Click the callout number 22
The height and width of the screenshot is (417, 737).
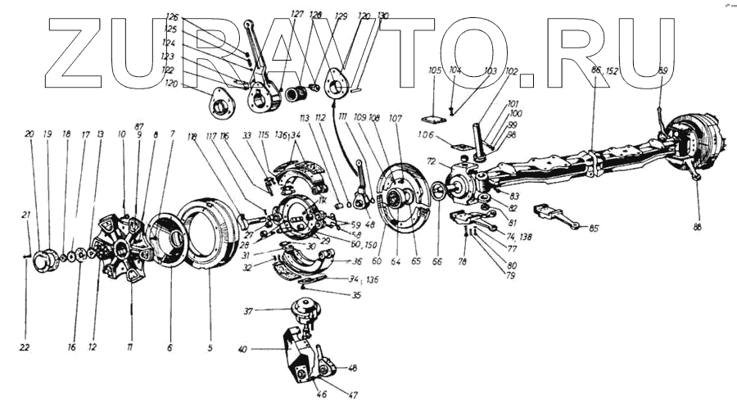tap(25, 347)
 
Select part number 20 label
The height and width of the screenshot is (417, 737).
tap(29, 134)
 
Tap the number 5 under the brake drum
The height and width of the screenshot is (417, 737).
tap(210, 347)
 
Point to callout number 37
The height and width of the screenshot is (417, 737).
tap(248, 312)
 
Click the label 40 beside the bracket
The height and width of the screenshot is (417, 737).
tap(242, 351)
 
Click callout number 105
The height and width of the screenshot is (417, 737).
tap(435, 70)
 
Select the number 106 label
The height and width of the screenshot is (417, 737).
tap(427, 135)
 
